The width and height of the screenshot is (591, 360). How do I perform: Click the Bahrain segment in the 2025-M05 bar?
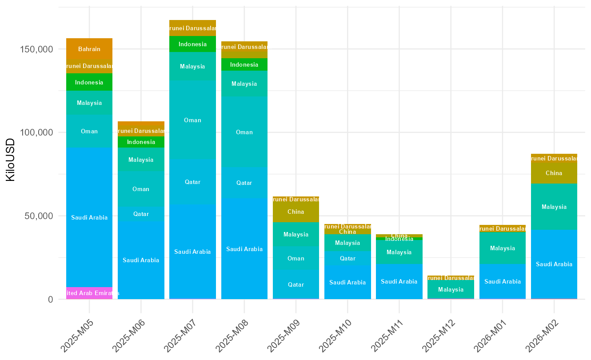tap(89, 49)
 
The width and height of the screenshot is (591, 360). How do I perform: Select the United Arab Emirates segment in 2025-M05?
tap(89, 293)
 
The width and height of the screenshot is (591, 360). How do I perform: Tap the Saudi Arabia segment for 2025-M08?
tap(244, 249)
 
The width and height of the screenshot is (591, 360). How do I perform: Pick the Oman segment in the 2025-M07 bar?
tap(192, 120)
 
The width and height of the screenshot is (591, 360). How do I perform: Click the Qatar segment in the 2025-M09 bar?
tap(295, 284)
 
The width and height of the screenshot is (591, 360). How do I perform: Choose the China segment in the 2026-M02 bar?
tap(554, 173)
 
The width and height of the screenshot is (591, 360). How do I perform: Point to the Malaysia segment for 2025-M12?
tap(451, 289)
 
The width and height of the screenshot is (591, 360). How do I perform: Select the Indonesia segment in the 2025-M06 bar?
tap(141, 142)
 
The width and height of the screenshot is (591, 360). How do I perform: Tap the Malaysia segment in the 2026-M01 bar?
tap(502, 248)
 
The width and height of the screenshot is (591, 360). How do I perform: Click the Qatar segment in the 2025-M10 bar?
tap(347, 258)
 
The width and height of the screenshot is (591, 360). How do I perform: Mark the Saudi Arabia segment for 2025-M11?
tap(399, 281)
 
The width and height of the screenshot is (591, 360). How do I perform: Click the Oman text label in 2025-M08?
tap(244, 132)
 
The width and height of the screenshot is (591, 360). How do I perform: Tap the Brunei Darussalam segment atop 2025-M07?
tap(192, 28)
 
